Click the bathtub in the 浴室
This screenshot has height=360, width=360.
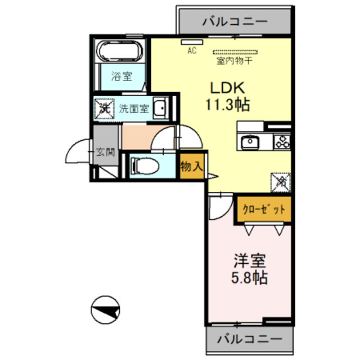click(x=119, y=51)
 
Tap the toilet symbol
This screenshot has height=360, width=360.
click(x=145, y=166)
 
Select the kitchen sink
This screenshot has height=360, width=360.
click(x=250, y=142)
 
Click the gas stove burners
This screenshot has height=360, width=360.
click(x=282, y=142)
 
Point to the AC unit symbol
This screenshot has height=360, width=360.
click(x=192, y=42)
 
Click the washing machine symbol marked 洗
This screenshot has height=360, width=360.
click(x=105, y=109)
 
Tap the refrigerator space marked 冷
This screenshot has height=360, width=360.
click(x=281, y=182)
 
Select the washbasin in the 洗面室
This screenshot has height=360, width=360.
click(x=161, y=108)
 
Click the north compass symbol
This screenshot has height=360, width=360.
click(x=105, y=310)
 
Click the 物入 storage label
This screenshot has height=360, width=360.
click(x=191, y=166)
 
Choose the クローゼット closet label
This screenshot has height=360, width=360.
click(x=264, y=209)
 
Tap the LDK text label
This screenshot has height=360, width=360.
click(x=227, y=88)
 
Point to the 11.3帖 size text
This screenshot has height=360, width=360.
click(x=227, y=105)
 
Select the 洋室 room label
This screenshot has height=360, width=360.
click(x=250, y=260)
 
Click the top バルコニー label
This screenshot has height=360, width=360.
click(x=235, y=21)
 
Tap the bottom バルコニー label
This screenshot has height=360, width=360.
click(x=250, y=339)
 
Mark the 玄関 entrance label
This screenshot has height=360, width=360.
click(x=105, y=152)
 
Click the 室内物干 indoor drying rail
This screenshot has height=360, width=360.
click(x=235, y=52)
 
